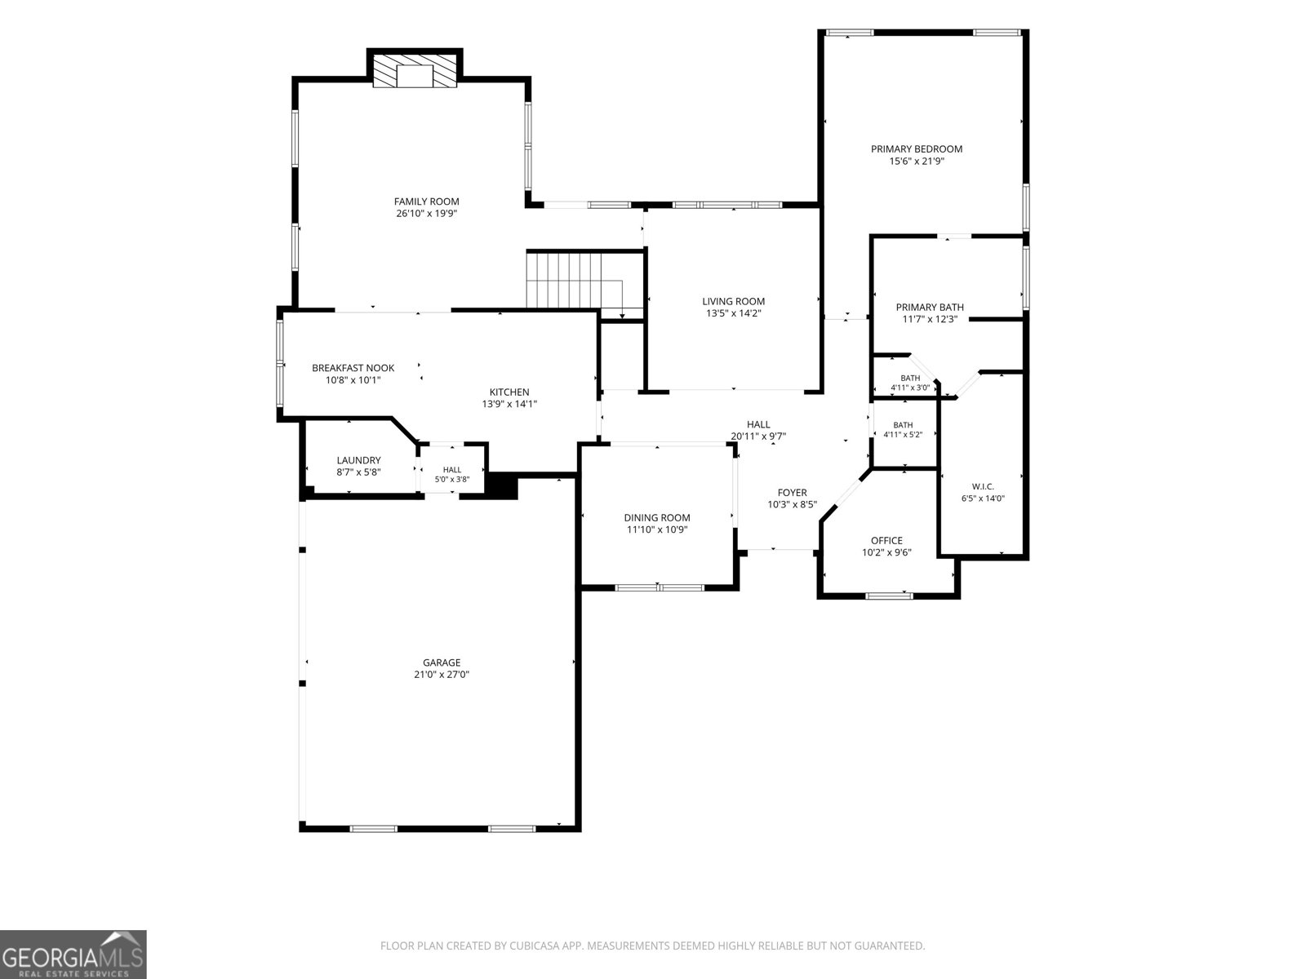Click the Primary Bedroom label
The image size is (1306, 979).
point(917,149)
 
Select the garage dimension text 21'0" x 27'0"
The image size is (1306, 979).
point(442,675)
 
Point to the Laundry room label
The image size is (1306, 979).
point(358,460)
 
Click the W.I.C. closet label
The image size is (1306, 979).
point(983,486)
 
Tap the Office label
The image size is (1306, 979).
point(886,540)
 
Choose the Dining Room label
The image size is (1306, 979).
point(657,518)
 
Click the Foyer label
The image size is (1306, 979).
point(792,493)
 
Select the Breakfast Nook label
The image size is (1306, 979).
point(353,368)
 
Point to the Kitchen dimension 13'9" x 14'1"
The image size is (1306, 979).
point(509,404)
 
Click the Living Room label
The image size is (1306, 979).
point(733,301)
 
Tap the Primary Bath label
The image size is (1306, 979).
point(930,308)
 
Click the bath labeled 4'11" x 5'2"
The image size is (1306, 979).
point(903,430)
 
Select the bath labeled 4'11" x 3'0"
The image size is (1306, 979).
point(910,383)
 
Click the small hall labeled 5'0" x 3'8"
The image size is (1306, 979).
point(451,474)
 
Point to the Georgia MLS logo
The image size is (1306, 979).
point(73,955)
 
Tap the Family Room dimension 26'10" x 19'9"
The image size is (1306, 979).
point(426,214)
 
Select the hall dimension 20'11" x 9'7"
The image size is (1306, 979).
point(758,436)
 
